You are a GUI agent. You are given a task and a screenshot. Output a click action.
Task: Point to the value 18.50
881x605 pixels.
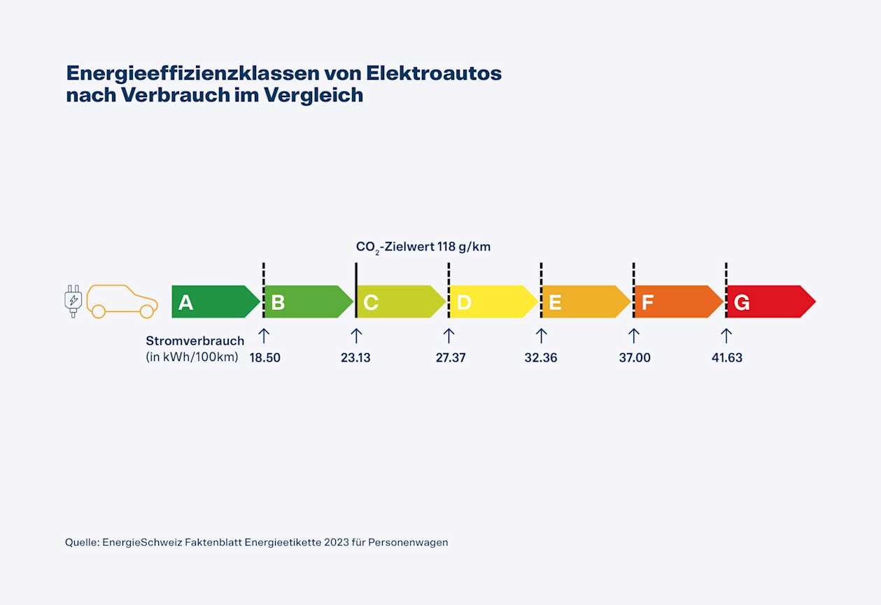[x=265, y=358]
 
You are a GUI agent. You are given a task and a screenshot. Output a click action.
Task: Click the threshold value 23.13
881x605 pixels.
[x=355, y=358]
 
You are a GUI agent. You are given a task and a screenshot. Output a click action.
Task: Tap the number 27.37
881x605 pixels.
[x=450, y=358]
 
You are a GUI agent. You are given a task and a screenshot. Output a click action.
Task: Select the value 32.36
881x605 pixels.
[x=541, y=358]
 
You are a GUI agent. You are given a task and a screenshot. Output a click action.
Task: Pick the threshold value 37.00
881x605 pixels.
[x=635, y=358]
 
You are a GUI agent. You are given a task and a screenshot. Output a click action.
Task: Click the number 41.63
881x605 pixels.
[x=726, y=358]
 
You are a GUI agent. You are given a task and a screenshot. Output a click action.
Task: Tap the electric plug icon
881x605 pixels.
[x=73, y=301]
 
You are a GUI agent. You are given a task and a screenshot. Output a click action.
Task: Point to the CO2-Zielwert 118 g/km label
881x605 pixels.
[x=423, y=247]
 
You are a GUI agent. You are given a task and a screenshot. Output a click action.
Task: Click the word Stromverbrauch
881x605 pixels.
[x=195, y=341]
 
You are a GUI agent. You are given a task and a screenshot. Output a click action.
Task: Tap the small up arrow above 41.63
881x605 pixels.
[x=726, y=336]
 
